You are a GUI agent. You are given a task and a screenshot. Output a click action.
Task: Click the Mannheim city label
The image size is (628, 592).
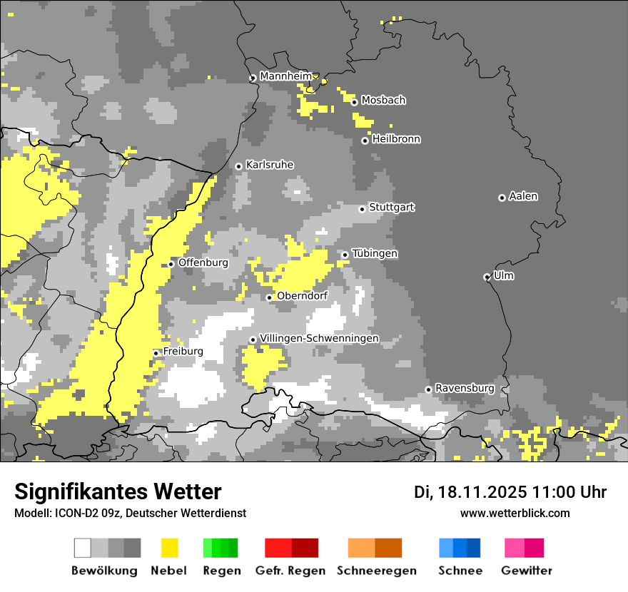click(x=286, y=76)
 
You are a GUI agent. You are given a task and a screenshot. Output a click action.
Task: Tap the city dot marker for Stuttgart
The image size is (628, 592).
click(x=362, y=209)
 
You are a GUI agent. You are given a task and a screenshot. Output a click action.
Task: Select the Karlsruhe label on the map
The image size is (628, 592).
click(x=270, y=165)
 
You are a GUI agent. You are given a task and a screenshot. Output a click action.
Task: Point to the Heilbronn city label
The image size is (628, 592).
click(x=396, y=139)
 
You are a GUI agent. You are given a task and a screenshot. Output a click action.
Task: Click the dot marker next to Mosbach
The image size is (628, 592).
click(x=354, y=102)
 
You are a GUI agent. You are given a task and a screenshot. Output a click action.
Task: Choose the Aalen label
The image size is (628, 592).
click(x=523, y=196)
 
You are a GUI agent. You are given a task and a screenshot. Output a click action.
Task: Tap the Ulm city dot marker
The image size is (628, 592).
click(x=487, y=277)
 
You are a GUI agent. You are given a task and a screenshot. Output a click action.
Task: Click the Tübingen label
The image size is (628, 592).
click(x=375, y=253)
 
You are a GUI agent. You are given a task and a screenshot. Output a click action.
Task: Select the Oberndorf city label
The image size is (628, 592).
click(x=302, y=296)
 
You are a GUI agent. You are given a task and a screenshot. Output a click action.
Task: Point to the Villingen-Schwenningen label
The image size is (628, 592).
click(x=319, y=338)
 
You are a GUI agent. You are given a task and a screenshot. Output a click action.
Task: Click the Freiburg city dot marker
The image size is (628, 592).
click(x=156, y=353)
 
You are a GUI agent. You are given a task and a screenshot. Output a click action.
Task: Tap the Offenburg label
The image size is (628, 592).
click(x=203, y=262)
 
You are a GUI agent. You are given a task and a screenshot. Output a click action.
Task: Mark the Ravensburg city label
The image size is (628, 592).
click(x=465, y=388)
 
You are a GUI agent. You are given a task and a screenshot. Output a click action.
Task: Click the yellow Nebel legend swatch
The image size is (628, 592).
click(x=169, y=548)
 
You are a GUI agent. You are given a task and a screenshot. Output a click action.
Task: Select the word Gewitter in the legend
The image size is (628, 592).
click(x=526, y=571)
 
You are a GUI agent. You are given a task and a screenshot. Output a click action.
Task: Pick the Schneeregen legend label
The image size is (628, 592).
click(x=377, y=571)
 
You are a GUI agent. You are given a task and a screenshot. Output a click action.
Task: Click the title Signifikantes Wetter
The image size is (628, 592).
click(x=118, y=492)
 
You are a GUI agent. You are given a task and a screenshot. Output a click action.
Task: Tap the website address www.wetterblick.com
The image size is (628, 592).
click(x=515, y=513)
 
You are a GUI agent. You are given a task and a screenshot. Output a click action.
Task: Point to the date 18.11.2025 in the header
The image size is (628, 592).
click(x=483, y=492)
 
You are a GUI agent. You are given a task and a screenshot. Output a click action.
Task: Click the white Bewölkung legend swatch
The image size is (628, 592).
click(x=83, y=548)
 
